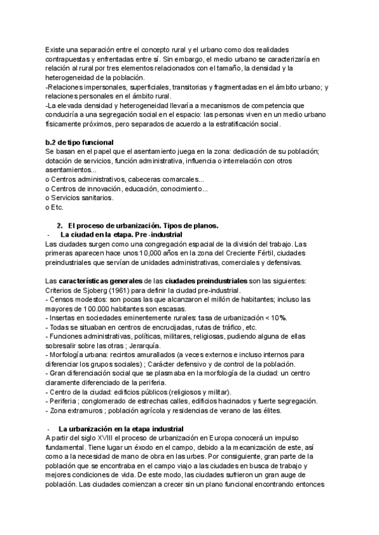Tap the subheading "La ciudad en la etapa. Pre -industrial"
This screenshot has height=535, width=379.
tap(121, 235)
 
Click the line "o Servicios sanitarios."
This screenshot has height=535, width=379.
tap(79, 197)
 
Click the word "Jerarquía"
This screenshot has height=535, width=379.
tap(143, 345)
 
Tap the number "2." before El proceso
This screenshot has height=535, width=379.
tap(60, 225)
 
